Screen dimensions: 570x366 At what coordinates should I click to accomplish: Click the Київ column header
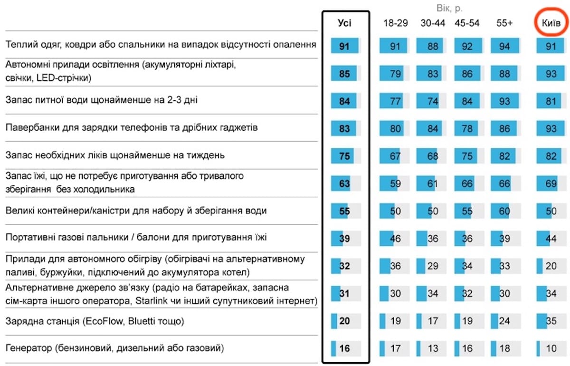point(551,23)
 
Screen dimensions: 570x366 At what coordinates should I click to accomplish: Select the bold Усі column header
point(344,23)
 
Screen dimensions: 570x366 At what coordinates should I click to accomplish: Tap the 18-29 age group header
point(395,23)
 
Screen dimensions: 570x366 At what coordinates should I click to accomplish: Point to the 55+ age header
point(504,23)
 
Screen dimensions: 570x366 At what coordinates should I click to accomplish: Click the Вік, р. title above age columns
point(449,9)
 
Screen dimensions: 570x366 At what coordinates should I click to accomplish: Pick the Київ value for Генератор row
point(551,348)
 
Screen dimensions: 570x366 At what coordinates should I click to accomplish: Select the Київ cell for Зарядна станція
point(551,321)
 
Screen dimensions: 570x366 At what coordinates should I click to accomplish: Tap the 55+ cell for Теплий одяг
point(505,46)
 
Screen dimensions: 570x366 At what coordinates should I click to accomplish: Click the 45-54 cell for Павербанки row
point(469,128)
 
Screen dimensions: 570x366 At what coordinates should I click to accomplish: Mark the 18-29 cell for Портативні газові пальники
point(394,239)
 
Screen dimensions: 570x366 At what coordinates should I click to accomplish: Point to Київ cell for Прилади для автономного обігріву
point(551,266)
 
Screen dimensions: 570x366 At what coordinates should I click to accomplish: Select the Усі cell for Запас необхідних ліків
point(346,156)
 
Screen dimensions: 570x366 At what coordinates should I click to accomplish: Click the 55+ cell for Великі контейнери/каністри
point(505,211)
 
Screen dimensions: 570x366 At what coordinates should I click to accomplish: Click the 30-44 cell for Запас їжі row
point(431,183)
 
